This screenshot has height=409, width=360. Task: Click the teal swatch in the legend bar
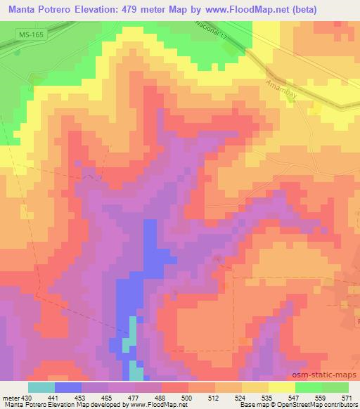click(41, 387)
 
